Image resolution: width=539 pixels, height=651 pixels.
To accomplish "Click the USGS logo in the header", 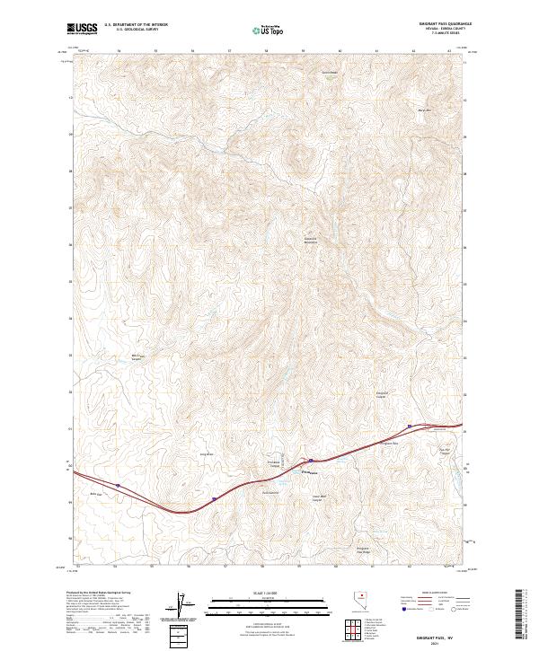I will (83, 30).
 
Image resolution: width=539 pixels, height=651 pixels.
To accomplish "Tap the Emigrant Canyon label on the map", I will (382, 394).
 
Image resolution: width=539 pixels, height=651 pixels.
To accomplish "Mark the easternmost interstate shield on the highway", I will (410, 425).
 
